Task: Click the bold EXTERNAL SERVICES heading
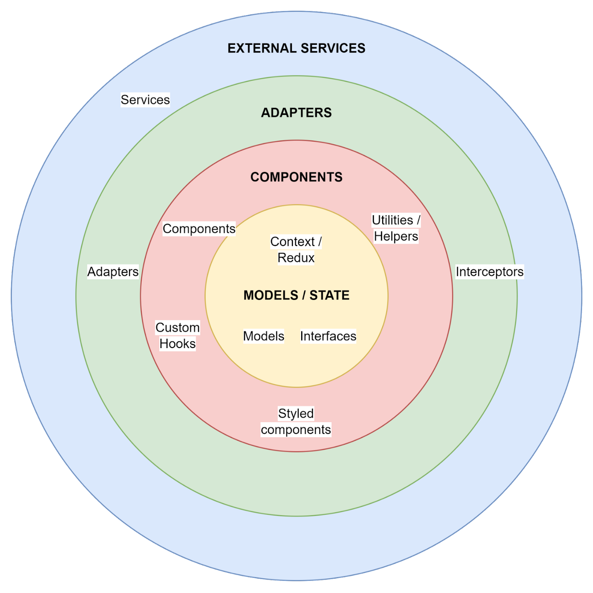tap(296, 48)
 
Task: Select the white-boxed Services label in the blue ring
tap(145, 100)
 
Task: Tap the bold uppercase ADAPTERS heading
tap(296, 113)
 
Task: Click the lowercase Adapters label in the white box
tap(113, 272)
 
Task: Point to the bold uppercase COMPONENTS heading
tap(296, 177)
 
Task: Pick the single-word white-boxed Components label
tap(199, 229)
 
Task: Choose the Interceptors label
tap(490, 272)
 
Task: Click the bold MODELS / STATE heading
tap(296, 295)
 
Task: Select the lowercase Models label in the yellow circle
tap(263, 336)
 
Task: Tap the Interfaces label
tap(328, 336)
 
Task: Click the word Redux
tap(296, 258)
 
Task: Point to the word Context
tap(292, 242)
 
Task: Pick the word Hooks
tap(177, 344)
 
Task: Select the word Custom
tap(177, 328)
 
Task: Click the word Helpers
tap(396, 236)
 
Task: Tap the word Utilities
tap(392, 220)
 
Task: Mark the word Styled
tap(296, 414)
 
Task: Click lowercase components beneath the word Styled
tap(296, 430)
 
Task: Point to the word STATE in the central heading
tap(330, 295)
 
